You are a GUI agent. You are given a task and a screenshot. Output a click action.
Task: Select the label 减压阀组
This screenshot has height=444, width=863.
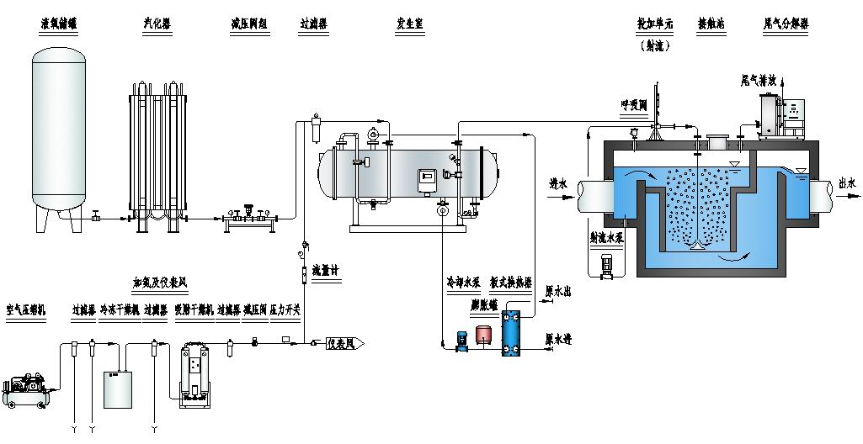(247, 24)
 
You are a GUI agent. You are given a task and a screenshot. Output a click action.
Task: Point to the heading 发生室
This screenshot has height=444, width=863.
(410, 24)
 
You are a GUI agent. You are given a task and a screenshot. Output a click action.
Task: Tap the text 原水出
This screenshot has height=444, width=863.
(559, 292)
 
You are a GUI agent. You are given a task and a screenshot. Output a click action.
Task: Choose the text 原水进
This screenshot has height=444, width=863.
(559, 340)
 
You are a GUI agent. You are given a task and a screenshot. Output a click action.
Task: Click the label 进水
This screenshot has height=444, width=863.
(557, 182)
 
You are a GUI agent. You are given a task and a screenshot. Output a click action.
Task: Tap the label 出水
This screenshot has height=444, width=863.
(847, 182)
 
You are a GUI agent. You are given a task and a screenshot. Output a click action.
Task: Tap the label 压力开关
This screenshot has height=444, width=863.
(285, 309)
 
